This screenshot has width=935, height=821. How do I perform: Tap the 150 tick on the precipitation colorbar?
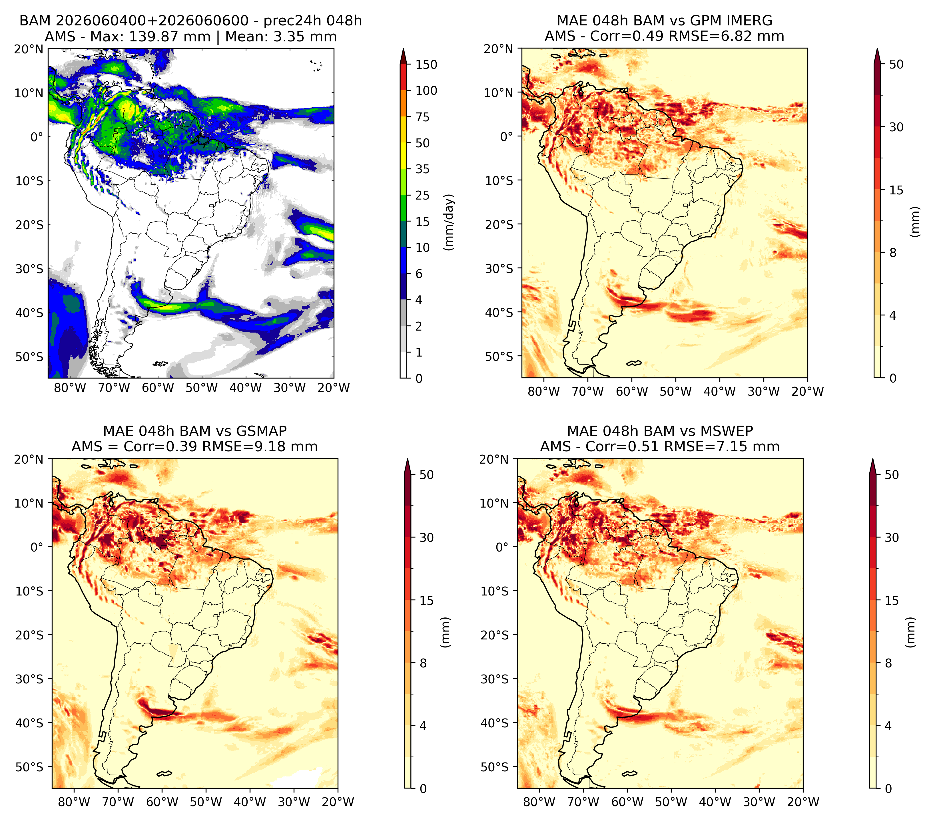click(426, 65)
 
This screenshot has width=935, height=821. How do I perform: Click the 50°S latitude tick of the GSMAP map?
click(29, 766)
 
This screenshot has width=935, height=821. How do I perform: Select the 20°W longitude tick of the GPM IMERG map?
click(807, 391)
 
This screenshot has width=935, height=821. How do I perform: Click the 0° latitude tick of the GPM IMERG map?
click(507, 136)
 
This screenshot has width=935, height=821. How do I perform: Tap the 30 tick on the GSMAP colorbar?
click(426, 538)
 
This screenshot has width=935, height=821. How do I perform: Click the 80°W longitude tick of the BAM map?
click(70, 388)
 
